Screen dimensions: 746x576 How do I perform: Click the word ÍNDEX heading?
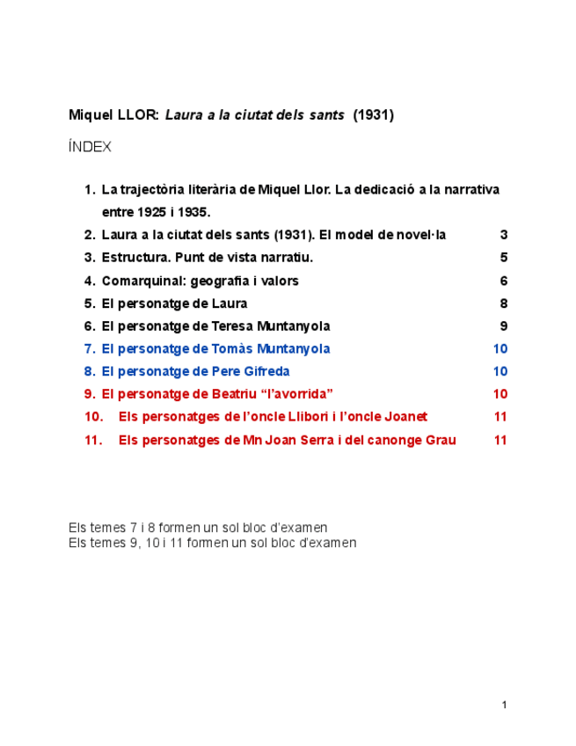pyautogui.click(x=90, y=147)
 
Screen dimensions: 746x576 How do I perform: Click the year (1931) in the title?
pyautogui.click(x=374, y=115)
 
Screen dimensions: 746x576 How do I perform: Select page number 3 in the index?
pyautogui.click(x=504, y=235)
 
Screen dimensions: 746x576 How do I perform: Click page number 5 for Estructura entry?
pyautogui.click(x=504, y=258)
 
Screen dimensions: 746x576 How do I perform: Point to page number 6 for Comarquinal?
pyautogui.click(x=504, y=281)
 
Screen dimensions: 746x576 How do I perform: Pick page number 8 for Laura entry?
pyautogui.click(x=504, y=304)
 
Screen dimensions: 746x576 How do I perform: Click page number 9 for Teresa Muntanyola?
pyautogui.click(x=504, y=326)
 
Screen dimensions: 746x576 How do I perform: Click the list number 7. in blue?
pyautogui.click(x=90, y=349)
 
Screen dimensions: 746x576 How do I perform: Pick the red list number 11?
pyautogui.click(x=94, y=440)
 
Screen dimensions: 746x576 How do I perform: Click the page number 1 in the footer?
pyautogui.click(x=504, y=705)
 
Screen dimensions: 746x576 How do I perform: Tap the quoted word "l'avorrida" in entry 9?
pyautogui.click(x=295, y=394)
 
